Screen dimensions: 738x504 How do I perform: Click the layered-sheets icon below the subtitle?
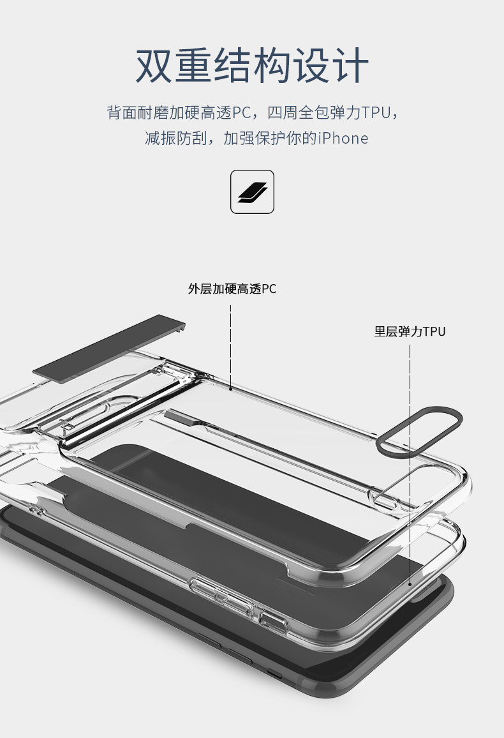pyautogui.click(x=252, y=192)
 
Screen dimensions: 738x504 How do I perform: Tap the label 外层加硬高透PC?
pyautogui.click(x=232, y=289)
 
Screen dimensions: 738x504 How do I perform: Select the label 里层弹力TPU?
pyautogui.click(x=410, y=331)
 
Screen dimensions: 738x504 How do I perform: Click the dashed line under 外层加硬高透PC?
pyautogui.click(x=230, y=345)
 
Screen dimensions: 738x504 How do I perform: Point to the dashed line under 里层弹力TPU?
pyautogui.click(x=410, y=447)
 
